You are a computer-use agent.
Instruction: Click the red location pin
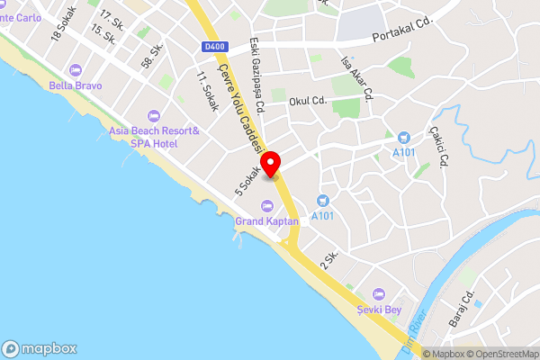pyautogui.click(x=271, y=165)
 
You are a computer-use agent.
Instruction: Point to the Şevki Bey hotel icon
pyautogui.click(x=379, y=294)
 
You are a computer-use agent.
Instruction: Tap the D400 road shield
pyautogui.click(x=214, y=47)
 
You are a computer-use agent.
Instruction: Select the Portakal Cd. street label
pyautogui.click(x=401, y=38)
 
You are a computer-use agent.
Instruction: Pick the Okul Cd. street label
pyautogui.click(x=305, y=101)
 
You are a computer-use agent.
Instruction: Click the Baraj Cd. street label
pyautogui.click(x=463, y=309)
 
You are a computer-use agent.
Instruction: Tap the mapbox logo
pyautogui.click(x=40, y=348)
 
